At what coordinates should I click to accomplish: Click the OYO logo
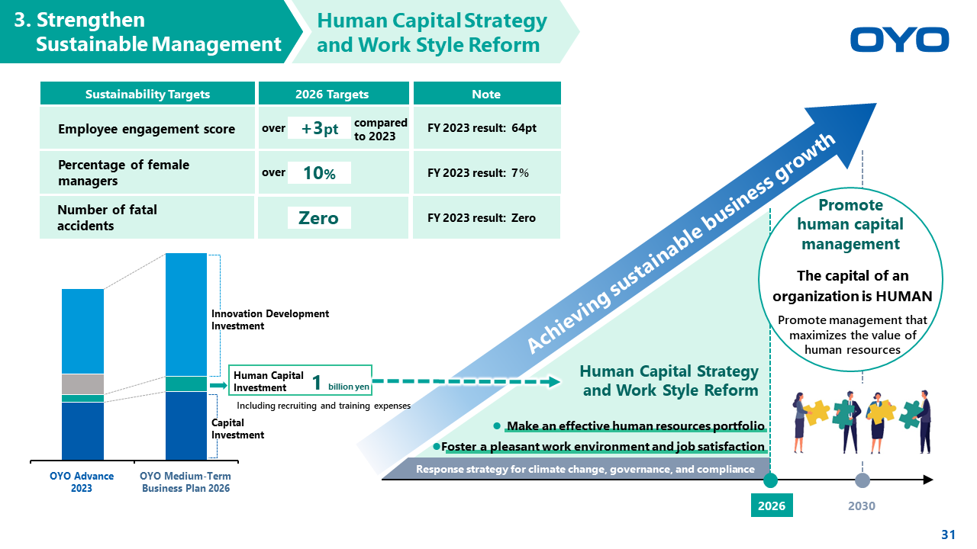point(899,40)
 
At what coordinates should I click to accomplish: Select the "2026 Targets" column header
point(332,94)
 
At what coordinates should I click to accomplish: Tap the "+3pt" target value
point(319,128)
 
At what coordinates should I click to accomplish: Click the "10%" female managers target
point(319,173)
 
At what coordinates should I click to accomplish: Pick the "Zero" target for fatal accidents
point(319,218)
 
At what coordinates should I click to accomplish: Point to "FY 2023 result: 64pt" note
point(482,128)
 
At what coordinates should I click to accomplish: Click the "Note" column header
point(486,94)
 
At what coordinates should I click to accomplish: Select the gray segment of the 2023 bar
point(83,384)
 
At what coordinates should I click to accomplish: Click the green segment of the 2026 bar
point(186,384)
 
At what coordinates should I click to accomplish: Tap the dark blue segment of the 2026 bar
point(186,425)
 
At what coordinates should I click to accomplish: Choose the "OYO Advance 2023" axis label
point(82,482)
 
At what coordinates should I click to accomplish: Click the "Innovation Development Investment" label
point(270,319)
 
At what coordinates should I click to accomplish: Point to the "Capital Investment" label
point(237,429)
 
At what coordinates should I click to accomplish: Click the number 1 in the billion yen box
point(317,383)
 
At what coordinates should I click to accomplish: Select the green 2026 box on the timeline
point(772,506)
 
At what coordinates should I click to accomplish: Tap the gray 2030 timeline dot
point(862,480)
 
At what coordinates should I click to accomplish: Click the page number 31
point(949,535)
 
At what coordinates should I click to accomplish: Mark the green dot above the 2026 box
point(770,480)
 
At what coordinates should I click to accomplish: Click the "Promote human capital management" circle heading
point(850,224)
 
